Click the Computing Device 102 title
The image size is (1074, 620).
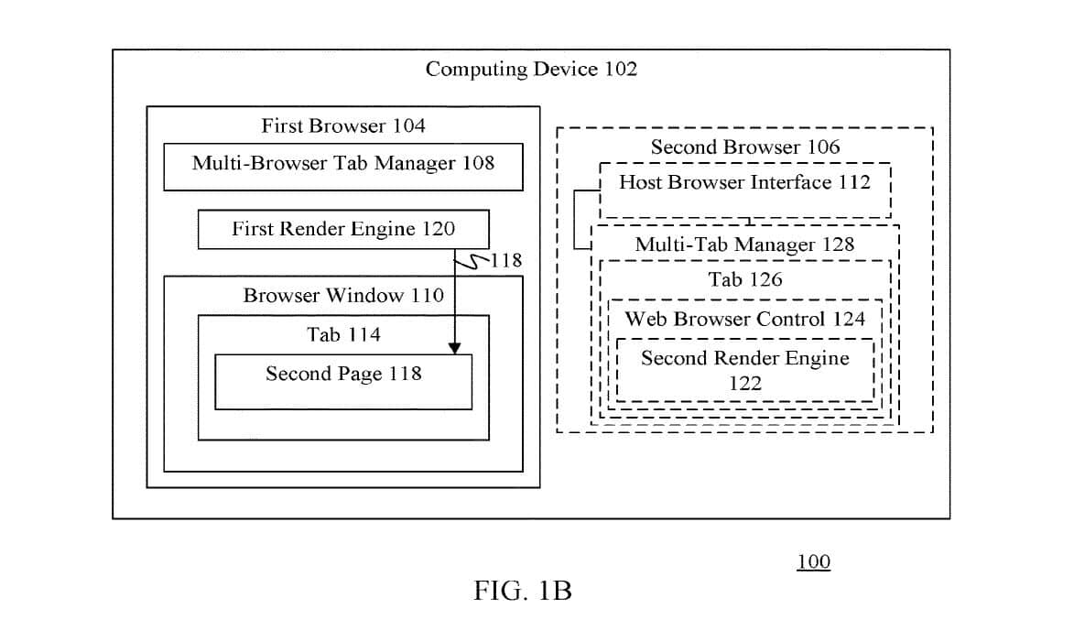pos(531,69)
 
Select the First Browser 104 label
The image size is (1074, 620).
pos(343,125)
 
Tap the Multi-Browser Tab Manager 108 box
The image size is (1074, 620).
pos(343,166)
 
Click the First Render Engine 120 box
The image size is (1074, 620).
pos(343,229)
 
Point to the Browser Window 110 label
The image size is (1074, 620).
pos(343,295)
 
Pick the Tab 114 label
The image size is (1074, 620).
pos(343,334)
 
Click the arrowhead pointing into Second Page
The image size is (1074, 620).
pos(454,347)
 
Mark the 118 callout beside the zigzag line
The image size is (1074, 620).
pos(506,260)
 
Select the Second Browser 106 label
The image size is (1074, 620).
pos(744,147)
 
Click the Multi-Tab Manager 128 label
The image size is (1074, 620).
pos(744,244)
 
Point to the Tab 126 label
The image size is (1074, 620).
pos(744,279)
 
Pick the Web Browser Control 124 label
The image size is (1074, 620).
pos(744,319)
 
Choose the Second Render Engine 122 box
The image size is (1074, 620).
pos(744,370)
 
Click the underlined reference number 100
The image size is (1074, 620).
pos(813,561)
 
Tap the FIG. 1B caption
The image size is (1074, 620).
pos(523,591)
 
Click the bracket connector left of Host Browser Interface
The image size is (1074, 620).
pos(576,219)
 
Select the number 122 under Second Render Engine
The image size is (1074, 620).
pos(744,384)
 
